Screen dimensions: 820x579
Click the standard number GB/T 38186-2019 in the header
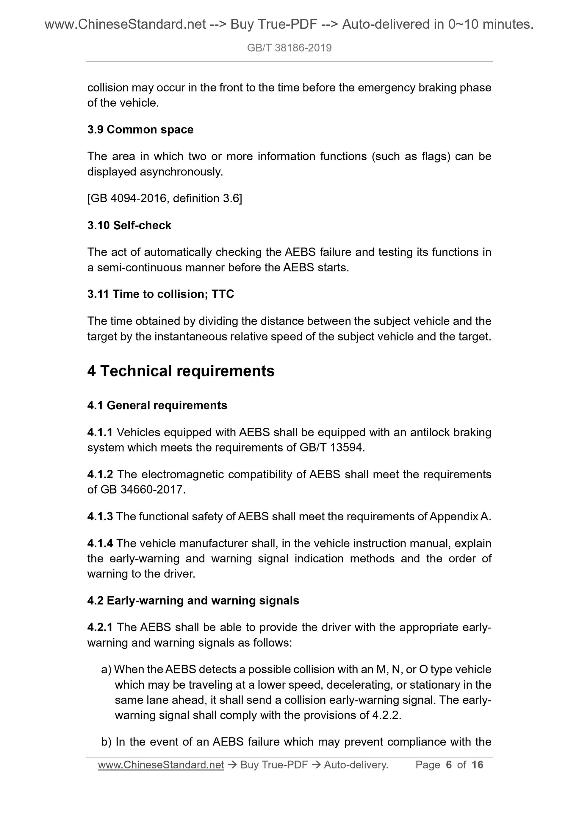pyautogui.click(x=289, y=48)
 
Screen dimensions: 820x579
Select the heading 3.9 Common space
pyautogui.click(x=140, y=130)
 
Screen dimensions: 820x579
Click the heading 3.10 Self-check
pyautogui.click(x=129, y=225)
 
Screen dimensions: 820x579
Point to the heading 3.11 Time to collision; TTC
pyautogui.click(x=161, y=294)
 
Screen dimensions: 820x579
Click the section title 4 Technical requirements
pyautogui.click(x=181, y=371)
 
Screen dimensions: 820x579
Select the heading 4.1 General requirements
pyautogui.click(x=157, y=405)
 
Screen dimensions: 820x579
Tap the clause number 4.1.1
pyautogui.click(x=100, y=432)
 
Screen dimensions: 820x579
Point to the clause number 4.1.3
pyautogui.click(x=100, y=516)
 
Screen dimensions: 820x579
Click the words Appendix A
pyautogui.click(x=460, y=516)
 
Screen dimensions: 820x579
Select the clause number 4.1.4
pyautogui.click(x=100, y=543)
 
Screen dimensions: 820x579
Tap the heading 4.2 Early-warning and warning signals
pyautogui.click(x=193, y=601)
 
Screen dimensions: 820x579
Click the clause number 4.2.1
pyautogui.click(x=100, y=628)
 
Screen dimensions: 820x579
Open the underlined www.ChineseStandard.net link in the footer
pyautogui.click(x=161, y=765)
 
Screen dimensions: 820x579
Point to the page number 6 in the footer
pyautogui.click(x=449, y=765)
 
